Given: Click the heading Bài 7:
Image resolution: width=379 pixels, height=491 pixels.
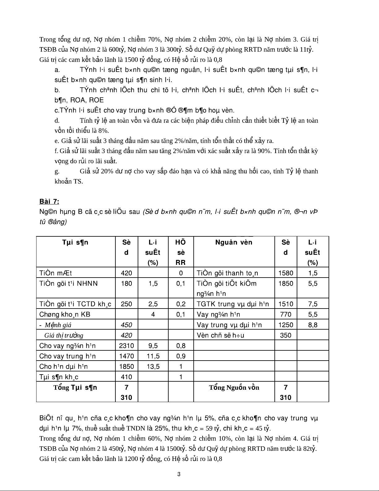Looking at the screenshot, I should (x=49, y=202).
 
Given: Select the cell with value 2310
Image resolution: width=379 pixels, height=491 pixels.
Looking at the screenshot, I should (x=126, y=346).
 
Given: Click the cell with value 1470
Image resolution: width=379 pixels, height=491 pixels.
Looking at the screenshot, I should (x=126, y=356).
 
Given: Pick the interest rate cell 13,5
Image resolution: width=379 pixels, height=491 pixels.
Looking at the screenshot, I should (x=153, y=366).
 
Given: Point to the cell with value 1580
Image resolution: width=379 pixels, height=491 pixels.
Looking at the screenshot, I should (x=285, y=273).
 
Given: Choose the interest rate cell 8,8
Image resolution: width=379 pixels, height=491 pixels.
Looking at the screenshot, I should (x=312, y=325).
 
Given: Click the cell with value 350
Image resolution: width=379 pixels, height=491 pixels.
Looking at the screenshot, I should (x=285, y=335).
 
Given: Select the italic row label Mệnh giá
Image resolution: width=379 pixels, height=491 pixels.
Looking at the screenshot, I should (x=58, y=325).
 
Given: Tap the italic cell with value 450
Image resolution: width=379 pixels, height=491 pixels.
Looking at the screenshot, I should (x=126, y=325).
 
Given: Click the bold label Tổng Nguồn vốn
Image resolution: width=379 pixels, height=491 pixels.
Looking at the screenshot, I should (x=234, y=388).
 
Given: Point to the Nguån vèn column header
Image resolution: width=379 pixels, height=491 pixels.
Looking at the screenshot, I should (x=234, y=242).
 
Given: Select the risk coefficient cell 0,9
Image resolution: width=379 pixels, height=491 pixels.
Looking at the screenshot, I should (x=181, y=356).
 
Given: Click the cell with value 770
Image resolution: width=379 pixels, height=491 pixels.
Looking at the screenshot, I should (x=285, y=314).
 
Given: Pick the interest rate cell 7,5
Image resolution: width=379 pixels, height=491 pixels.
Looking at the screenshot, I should (x=312, y=304).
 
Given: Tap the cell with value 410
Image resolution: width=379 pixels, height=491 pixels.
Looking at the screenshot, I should (x=126, y=377).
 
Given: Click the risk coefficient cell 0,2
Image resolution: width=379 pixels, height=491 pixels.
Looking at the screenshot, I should (x=181, y=304).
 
